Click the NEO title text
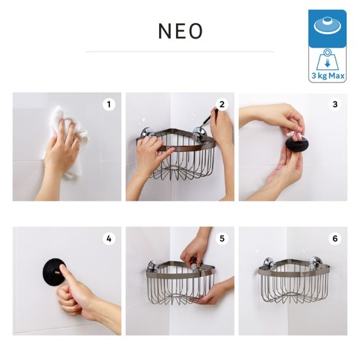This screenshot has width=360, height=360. pyautogui.click(x=181, y=31)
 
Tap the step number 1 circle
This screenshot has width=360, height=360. pyautogui.click(x=109, y=105)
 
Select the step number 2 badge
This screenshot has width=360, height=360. pyautogui.click(x=222, y=105)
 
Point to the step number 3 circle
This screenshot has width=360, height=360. pyautogui.click(x=335, y=105)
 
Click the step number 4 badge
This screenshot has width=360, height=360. pyautogui.click(x=109, y=239)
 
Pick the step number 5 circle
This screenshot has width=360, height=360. pyautogui.click(x=222, y=239)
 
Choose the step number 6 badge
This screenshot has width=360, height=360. pyautogui.click(x=335, y=239)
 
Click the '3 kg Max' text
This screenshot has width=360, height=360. pyautogui.click(x=328, y=75)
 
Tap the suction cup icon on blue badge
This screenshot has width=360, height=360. pyautogui.click(x=327, y=26)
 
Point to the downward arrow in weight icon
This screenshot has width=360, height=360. pyautogui.click(x=328, y=63)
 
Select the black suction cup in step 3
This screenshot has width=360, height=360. pyautogui.click(x=297, y=144)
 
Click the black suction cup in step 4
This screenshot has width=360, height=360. pyautogui.click(x=53, y=272)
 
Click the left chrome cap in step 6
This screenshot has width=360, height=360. pyautogui.click(x=268, y=263)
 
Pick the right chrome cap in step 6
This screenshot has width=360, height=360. pyautogui.click(x=314, y=263)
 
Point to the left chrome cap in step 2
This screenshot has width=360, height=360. pyautogui.click(x=146, y=134)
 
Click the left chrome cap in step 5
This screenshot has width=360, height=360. pyautogui.click(x=152, y=266)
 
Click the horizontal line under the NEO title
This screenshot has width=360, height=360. pyautogui.click(x=180, y=52)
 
